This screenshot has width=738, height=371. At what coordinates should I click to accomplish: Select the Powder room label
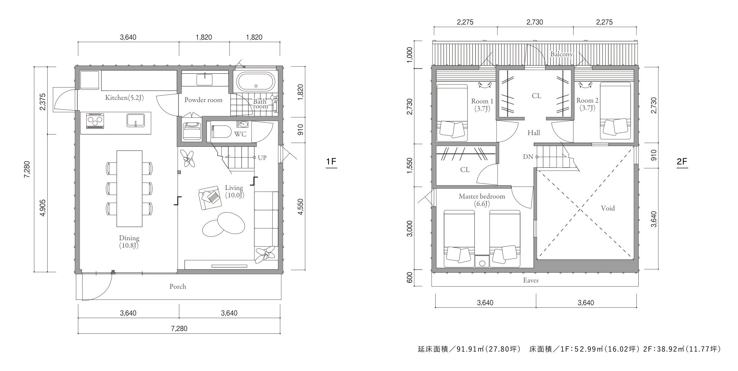pyautogui.click(x=203, y=100)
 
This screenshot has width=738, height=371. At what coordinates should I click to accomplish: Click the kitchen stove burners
pyautogui.click(x=95, y=121)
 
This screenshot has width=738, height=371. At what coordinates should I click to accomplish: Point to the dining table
pyautogui.click(x=129, y=188)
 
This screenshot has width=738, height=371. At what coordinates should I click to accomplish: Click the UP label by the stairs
pyautogui.click(x=262, y=158)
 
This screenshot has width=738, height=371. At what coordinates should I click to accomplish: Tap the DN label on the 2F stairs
pyautogui.click(x=528, y=157)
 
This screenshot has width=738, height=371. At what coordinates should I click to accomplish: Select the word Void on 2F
pyautogui.click(x=608, y=208)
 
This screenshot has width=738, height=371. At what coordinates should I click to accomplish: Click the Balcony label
pyautogui.click(x=561, y=54)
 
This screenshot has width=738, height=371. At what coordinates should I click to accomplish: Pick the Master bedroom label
pyautogui.click(x=482, y=196)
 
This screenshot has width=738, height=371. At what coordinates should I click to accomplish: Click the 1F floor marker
pyautogui.click(x=331, y=162)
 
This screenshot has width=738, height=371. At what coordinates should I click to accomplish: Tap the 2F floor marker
pyautogui.click(x=682, y=162)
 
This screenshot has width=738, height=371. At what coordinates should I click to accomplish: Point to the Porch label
pyautogui.click(x=178, y=286)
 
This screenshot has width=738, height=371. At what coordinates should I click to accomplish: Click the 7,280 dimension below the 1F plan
pyautogui.click(x=179, y=329)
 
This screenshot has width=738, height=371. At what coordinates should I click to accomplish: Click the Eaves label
pyautogui.click(x=531, y=280)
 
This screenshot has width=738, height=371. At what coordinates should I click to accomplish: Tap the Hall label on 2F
pyautogui.click(x=534, y=133)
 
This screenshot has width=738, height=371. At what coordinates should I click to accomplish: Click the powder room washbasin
pyautogui.click(x=205, y=80)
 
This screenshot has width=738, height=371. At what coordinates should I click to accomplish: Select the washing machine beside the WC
pyautogui.click(x=192, y=131)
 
